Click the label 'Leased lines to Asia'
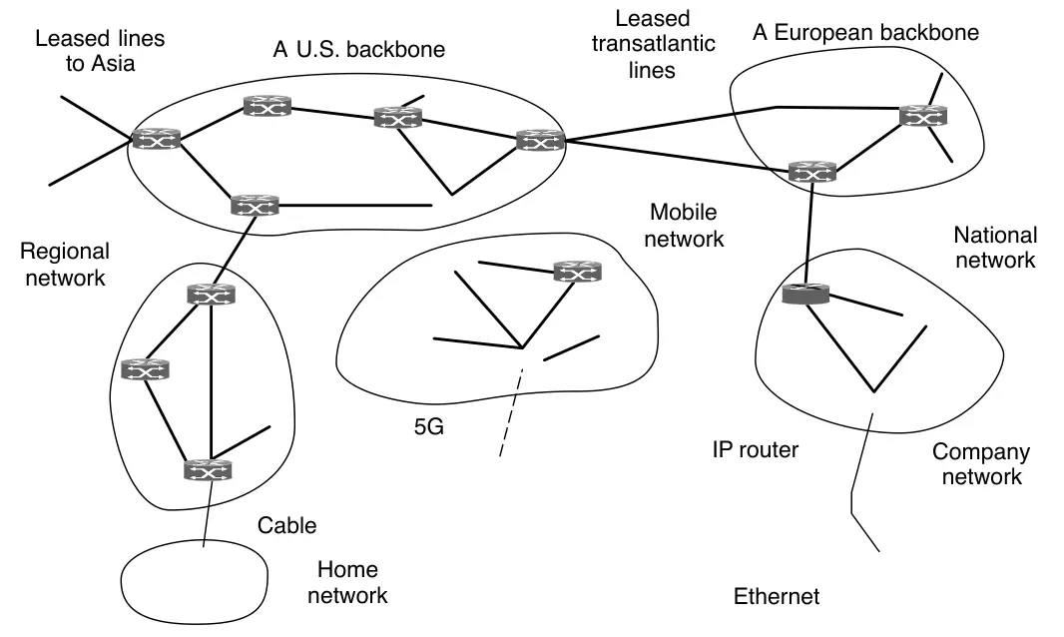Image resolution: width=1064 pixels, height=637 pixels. click(x=100, y=52)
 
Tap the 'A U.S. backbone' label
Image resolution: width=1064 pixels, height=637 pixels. click(x=358, y=49)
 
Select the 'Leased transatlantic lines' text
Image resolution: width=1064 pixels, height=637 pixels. click(x=652, y=44)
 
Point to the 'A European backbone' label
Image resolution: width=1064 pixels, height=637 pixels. click(x=865, y=33)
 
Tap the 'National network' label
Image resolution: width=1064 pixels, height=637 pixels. click(x=995, y=248)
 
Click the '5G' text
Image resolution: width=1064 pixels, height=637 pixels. click(x=428, y=429)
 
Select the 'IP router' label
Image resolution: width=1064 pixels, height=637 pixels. click(x=756, y=450)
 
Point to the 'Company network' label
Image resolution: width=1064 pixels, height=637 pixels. click(x=981, y=464)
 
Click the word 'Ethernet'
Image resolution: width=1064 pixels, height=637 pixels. click(x=777, y=597)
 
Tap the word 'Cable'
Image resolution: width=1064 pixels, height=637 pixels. click(x=286, y=525)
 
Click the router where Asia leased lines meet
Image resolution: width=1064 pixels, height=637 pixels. click(x=157, y=140)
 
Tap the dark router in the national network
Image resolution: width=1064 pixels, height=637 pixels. click(x=804, y=294)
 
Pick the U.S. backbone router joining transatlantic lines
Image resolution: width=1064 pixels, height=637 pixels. click(x=540, y=141)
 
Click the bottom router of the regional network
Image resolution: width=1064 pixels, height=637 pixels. click(x=208, y=468)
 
